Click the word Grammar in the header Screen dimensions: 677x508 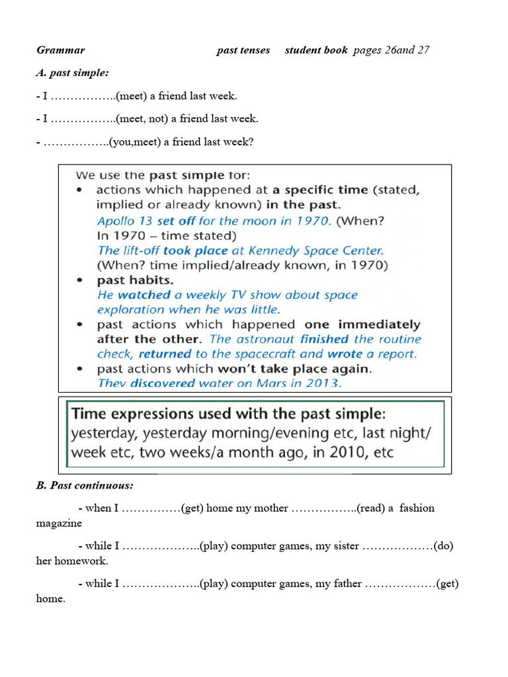coord(61,50)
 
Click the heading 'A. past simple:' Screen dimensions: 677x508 coord(72,73)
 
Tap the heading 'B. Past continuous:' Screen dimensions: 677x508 coord(84,485)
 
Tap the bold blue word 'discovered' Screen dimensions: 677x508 coord(163,383)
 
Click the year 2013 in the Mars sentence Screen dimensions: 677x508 coord(327,383)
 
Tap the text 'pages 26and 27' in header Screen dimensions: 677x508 coord(391,50)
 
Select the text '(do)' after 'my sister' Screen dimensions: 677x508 coord(443,546)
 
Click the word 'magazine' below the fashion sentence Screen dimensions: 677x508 coord(59,523)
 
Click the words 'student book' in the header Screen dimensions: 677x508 coord(316,50)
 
